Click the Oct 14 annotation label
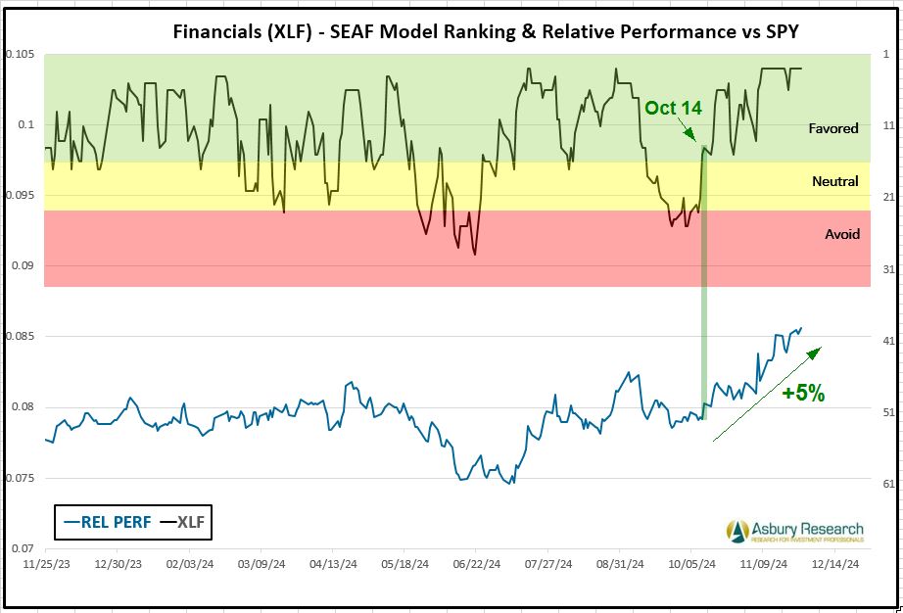673,108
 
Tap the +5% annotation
803,394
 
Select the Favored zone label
833,128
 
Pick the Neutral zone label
835,181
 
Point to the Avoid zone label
841,234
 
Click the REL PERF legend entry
106,522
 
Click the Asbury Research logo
795,532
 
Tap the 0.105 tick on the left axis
19,54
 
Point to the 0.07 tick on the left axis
23,548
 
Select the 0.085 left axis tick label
19,337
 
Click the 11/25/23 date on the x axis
45,564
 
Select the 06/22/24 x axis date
472,564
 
